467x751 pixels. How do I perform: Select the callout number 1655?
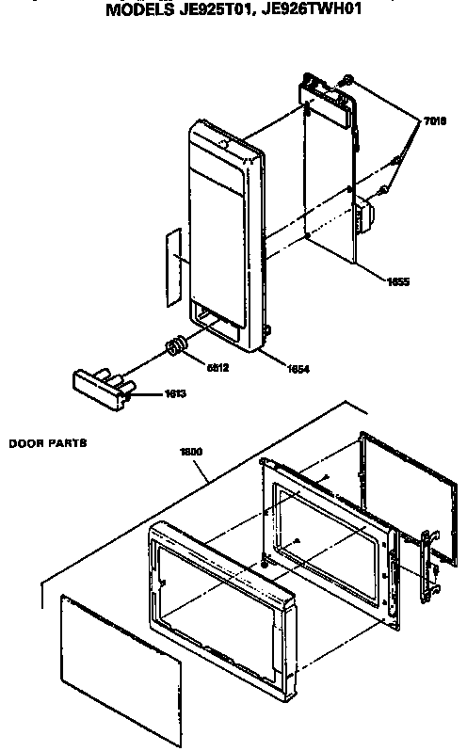point(398,280)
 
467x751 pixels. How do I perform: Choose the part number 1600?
point(192,451)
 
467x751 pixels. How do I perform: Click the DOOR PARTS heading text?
point(47,441)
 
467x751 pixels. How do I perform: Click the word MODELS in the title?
point(137,10)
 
